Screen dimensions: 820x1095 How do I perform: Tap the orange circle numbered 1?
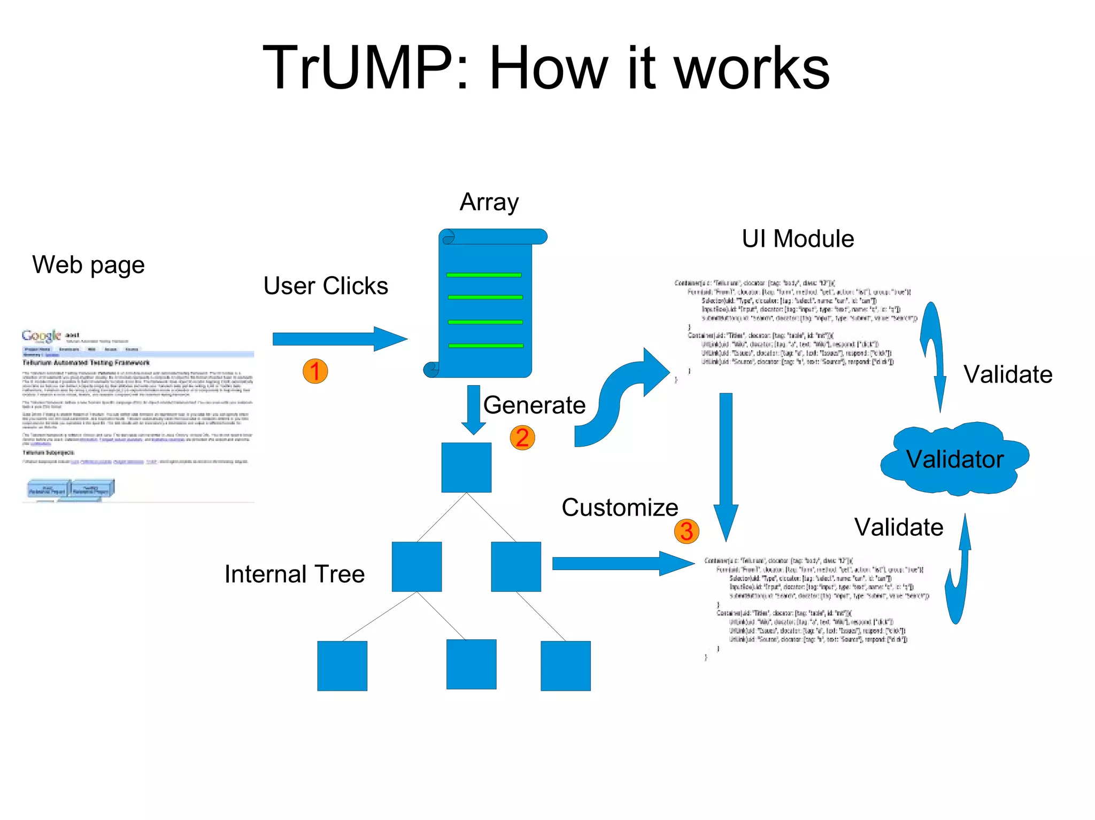tap(315, 371)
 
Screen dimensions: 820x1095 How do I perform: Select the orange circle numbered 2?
tap(522, 438)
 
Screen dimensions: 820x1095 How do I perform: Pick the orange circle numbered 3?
tap(687, 531)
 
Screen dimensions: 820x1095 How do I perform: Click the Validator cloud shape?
tap(954, 458)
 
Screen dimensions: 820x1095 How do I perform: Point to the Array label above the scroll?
tap(489, 202)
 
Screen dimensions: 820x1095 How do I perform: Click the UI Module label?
tap(797, 239)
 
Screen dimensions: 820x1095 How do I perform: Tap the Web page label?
tap(88, 265)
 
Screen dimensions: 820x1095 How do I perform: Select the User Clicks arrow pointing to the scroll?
tap(340, 339)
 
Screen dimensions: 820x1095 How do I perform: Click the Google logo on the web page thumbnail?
tap(41, 336)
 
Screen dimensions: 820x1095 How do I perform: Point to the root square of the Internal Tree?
tap(466, 467)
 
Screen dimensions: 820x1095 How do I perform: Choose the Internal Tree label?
tap(294, 574)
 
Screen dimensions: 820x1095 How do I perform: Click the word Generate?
tap(534, 405)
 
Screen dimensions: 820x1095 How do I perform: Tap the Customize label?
tap(619, 507)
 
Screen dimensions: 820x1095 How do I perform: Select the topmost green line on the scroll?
tap(484, 275)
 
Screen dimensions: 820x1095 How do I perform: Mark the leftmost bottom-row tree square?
tap(342, 666)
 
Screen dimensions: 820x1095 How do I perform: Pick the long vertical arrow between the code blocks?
tap(726, 465)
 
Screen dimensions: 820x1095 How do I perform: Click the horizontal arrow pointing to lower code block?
tap(623, 564)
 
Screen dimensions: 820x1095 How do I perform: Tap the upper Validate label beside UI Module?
tap(1007, 374)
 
